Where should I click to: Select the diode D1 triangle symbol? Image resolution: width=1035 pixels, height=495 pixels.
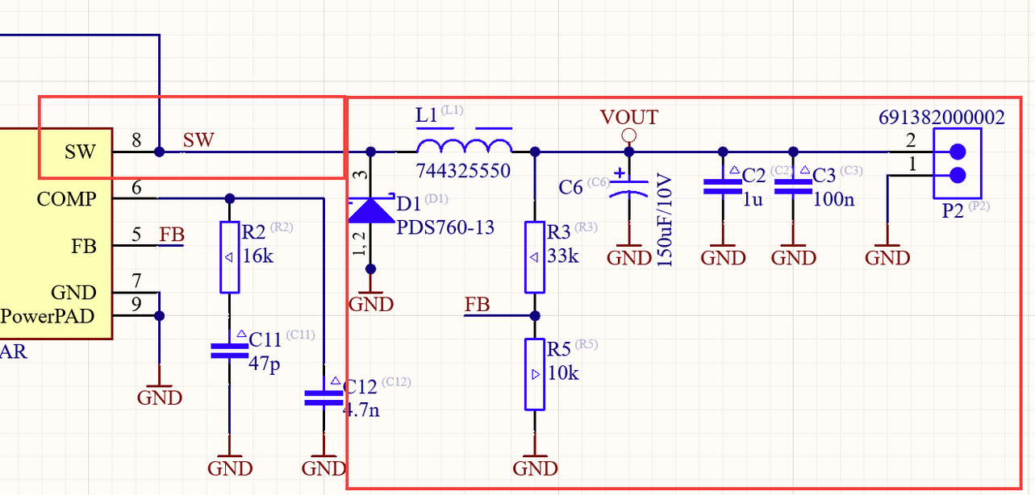coord(370,210)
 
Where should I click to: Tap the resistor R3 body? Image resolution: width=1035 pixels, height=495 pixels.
coord(535,257)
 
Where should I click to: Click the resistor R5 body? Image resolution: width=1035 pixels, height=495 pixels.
coord(535,374)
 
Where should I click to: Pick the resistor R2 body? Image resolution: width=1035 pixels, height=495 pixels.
coord(229,257)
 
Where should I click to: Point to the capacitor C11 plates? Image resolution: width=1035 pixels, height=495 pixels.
coord(229,350)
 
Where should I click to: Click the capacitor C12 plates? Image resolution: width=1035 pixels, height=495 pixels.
coord(323,397)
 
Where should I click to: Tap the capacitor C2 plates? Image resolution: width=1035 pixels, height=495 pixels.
coord(723,187)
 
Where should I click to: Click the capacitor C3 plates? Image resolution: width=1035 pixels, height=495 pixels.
coord(793,187)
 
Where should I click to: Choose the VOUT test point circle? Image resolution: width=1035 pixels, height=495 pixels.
coord(629,135)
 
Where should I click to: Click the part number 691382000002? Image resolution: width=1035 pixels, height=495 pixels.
coord(941,118)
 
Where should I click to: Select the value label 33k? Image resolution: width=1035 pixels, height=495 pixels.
coord(563,256)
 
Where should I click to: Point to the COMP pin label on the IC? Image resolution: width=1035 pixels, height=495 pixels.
coord(66,198)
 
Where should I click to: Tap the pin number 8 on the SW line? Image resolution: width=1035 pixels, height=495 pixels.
coord(136,141)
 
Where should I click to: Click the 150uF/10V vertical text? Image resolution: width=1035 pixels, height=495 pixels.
coord(665,219)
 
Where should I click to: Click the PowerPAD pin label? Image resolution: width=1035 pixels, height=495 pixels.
coord(48,316)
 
